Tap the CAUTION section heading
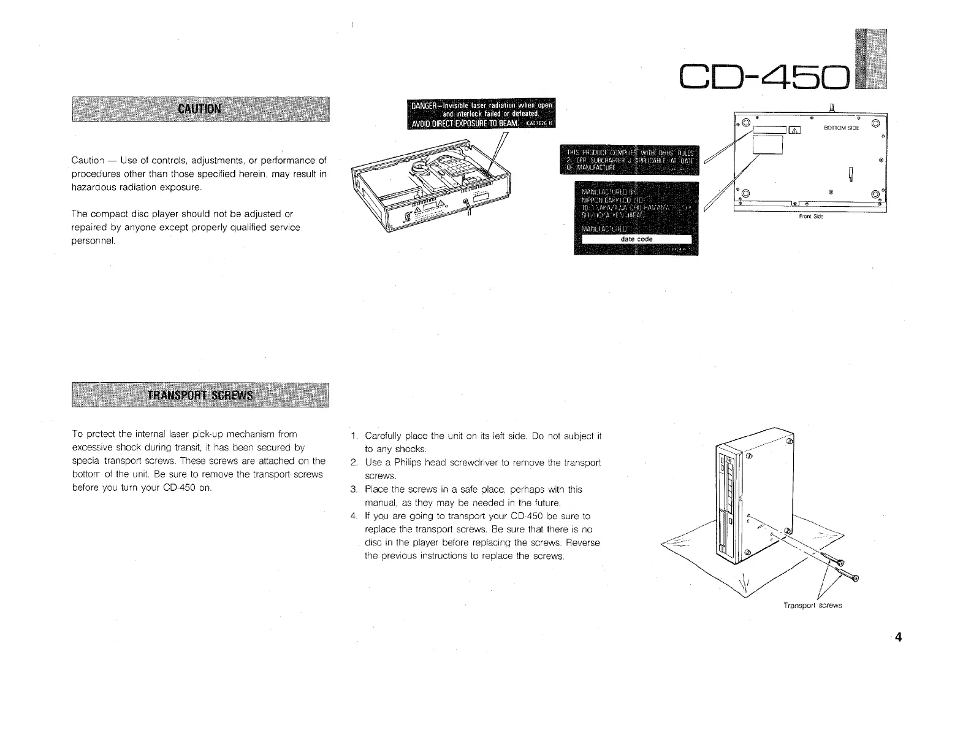click(x=199, y=110)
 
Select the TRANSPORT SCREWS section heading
click(x=200, y=394)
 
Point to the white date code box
click(x=636, y=239)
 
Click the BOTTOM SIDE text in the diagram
click(x=842, y=128)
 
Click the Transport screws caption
click(x=813, y=606)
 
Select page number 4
click(x=899, y=637)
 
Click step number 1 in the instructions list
click(x=354, y=436)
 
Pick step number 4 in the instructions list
click(x=354, y=516)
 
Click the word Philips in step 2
click(x=404, y=463)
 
